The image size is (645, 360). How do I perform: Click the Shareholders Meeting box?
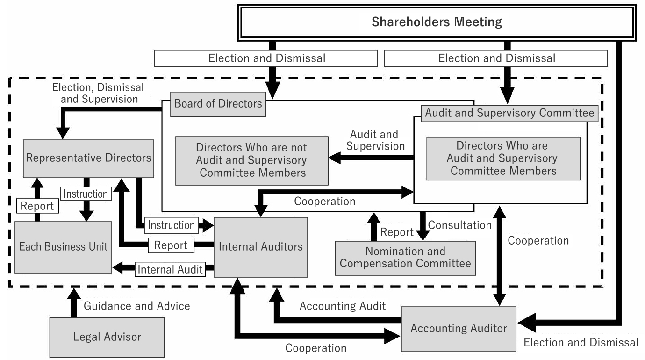click(x=437, y=22)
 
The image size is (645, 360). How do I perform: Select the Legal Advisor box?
click(x=107, y=337)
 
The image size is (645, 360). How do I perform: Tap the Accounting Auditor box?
click(x=459, y=329)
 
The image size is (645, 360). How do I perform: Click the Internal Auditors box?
click(x=261, y=246)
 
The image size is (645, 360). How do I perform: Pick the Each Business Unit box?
click(x=64, y=246)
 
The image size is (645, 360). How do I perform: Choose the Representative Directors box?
click(x=89, y=158)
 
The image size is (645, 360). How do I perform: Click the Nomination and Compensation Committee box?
click(x=405, y=258)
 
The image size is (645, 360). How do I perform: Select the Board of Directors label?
click(x=218, y=103)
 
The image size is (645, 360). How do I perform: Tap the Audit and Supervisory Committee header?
click(x=510, y=113)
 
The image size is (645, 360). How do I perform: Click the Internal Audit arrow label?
click(x=170, y=269)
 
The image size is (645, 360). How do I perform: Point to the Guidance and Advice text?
click(x=137, y=306)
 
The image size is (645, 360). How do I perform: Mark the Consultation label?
click(x=460, y=225)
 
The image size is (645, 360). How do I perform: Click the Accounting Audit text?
click(x=343, y=306)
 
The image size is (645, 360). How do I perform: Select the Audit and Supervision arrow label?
click(x=375, y=140)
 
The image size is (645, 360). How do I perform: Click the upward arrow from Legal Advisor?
click(x=73, y=303)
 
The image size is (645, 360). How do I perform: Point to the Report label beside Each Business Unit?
click(x=37, y=206)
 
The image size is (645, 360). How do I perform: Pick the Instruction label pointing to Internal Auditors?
click(x=171, y=225)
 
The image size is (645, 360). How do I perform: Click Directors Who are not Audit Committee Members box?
click(x=251, y=160)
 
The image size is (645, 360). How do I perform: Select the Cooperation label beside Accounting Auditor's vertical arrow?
click(x=538, y=241)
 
